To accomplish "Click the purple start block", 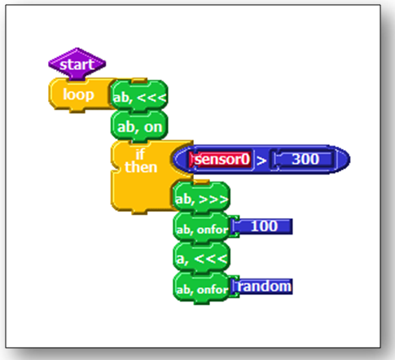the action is click(x=77, y=64).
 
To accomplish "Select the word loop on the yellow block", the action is click(x=78, y=94).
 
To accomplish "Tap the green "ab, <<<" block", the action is click(x=139, y=95).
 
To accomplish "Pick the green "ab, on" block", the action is click(x=139, y=126).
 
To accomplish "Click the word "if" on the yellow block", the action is click(x=140, y=154).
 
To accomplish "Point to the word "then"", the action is click(x=141, y=167).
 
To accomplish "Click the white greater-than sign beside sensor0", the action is click(x=261, y=160).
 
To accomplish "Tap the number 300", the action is click(x=305, y=159).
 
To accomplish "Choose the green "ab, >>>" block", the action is click(x=201, y=197).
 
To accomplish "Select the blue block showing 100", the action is click(x=263, y=226).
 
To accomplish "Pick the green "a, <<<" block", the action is click(x=201, y=257).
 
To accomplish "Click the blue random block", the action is click(x=263, y=287).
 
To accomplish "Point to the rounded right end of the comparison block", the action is click(x=345, y=160).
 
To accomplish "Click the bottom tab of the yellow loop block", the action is click(x=77, y=111).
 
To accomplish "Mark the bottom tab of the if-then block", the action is click(x=139, y=212).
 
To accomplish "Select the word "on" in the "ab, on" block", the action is click(x=153, y=127).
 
